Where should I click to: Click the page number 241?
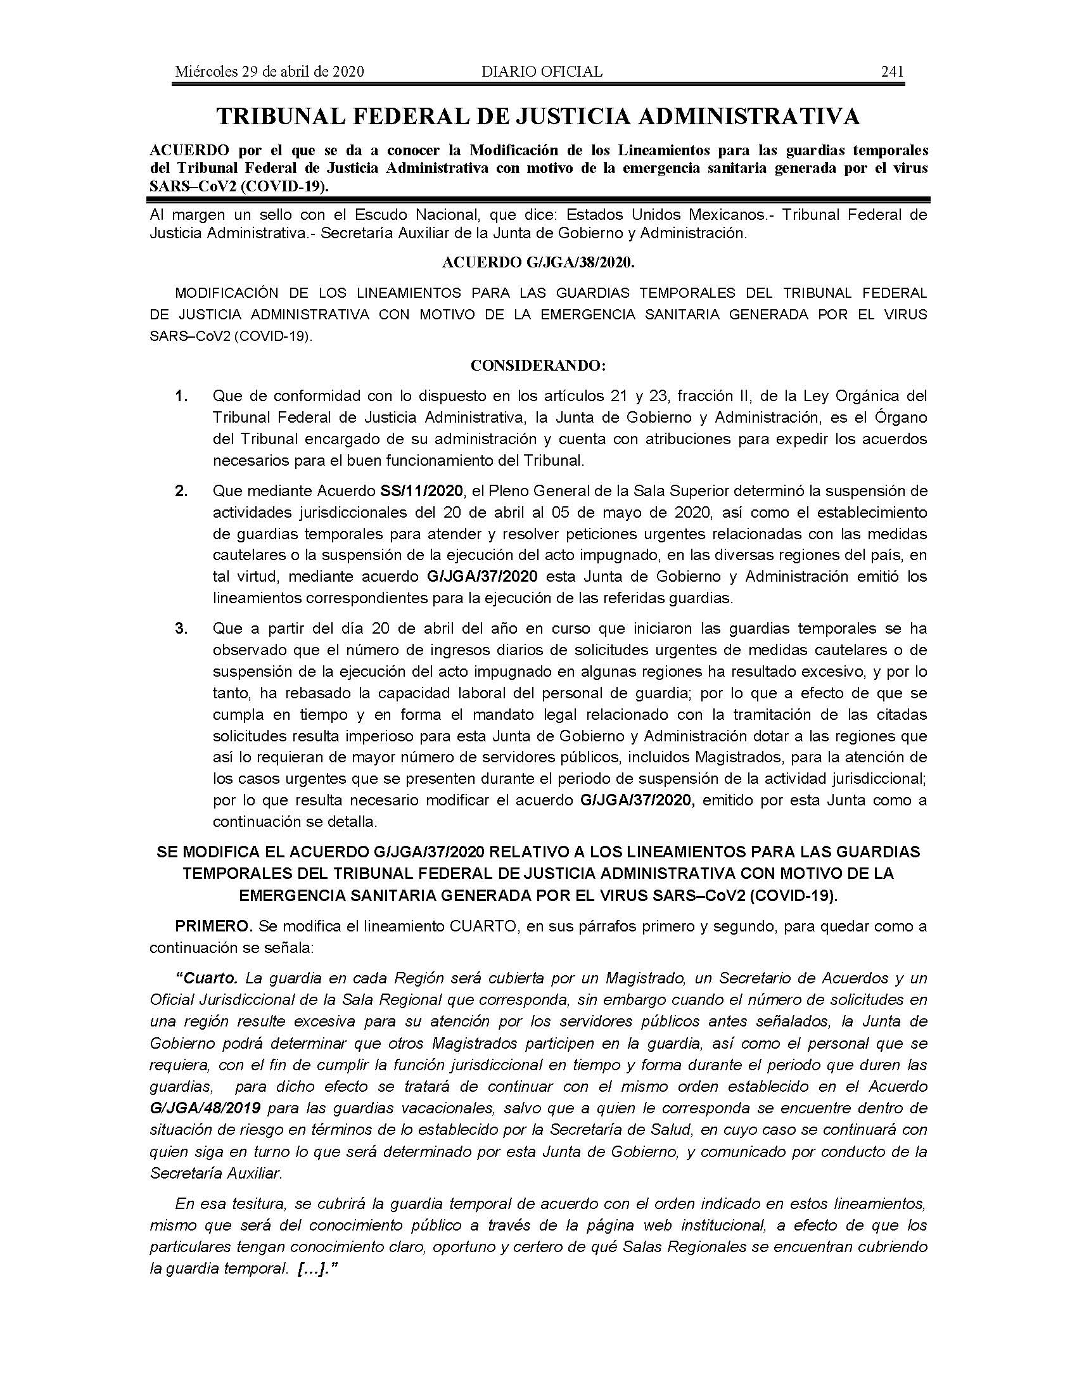coord(892,72)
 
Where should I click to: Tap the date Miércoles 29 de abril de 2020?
coord(269,72)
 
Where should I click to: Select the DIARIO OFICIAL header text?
coord(542,72)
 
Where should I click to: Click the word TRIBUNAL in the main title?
coord(287,116)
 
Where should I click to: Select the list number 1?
coord(181,396)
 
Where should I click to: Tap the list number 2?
coord(181,491)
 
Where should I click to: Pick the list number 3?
coord(181,628)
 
